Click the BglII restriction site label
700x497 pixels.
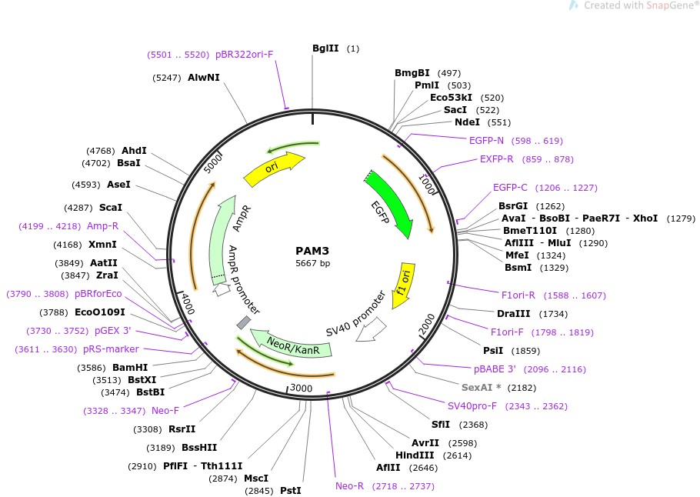325,48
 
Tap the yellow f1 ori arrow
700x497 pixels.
402,285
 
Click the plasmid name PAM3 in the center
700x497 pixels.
312,251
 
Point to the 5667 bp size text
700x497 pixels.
312,263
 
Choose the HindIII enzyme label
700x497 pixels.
415,455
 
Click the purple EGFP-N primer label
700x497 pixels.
487,141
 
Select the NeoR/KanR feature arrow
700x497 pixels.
295,343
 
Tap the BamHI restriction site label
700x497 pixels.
130,367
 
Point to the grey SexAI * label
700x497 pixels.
482,387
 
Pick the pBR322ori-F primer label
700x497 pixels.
244,55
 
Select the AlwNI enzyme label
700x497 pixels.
204,78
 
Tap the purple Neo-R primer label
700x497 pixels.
350,486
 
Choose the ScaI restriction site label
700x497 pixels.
111,208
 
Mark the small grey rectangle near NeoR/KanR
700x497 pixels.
243,322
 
